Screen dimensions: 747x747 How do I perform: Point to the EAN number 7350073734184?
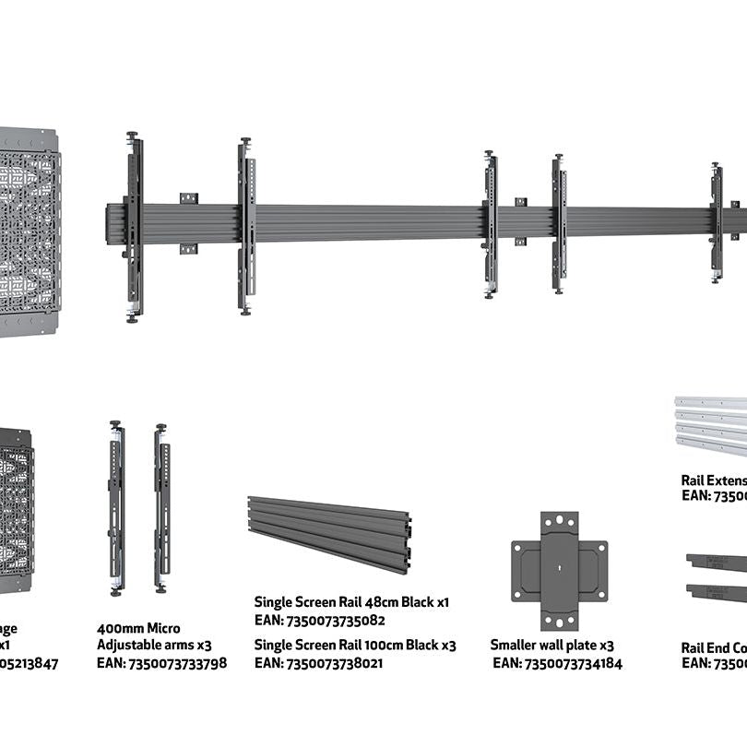[557, 663]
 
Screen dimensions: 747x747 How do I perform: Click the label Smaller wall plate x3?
[551, 646]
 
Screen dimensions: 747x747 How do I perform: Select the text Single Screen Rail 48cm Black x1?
[351, 602]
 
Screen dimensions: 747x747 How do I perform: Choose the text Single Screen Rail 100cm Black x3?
[355, 646]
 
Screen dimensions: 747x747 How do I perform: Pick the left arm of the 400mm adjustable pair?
[116, 507]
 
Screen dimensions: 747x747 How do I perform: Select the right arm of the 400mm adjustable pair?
[161, 508]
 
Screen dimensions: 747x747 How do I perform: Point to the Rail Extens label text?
[713, 480]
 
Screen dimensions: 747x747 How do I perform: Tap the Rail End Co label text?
[713, 647]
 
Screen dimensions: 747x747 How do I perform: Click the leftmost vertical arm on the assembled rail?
[135, 227]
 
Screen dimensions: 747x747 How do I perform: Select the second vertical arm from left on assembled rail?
[246, 227]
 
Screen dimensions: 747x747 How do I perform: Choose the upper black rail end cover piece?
[717, 562]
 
